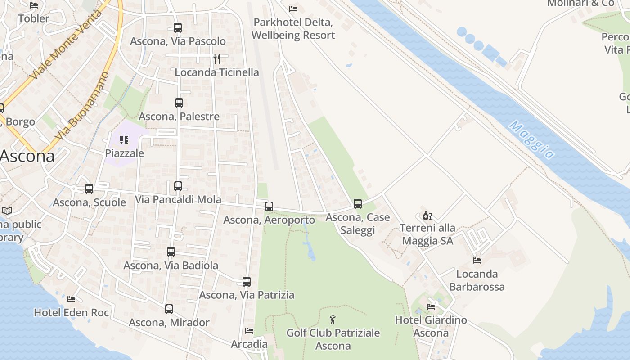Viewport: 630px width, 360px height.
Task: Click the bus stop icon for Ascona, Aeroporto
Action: click(269, 207)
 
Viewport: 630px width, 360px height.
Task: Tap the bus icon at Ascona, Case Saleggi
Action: click(358, 204)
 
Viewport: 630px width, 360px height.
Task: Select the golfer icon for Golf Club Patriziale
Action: click(333, 319)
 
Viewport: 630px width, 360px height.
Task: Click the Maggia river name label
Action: click(531, 139)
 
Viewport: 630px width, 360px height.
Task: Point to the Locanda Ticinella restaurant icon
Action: click(217, 59)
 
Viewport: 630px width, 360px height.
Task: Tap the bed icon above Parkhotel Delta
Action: click(293, 9)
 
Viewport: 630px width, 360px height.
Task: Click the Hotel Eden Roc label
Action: click(72, 312)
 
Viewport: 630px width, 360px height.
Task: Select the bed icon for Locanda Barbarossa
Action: click(477, 260)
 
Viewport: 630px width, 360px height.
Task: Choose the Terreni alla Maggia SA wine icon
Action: click(427, 215)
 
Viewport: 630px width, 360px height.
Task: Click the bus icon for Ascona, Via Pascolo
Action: click(178, 28)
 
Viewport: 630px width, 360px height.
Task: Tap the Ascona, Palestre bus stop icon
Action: click(179, 103)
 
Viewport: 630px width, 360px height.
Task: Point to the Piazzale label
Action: click(125, 153)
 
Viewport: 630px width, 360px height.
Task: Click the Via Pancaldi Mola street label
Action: click(178, 199)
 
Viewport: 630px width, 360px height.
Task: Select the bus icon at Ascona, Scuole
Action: click(89, 189)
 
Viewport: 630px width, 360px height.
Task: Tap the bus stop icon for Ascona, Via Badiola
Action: click(171, 252)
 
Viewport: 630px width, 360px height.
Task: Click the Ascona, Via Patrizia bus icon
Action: click(247, 282)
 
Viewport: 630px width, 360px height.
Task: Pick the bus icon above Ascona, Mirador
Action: click(169, 309)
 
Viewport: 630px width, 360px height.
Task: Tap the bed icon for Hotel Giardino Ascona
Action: click(431, 307)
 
